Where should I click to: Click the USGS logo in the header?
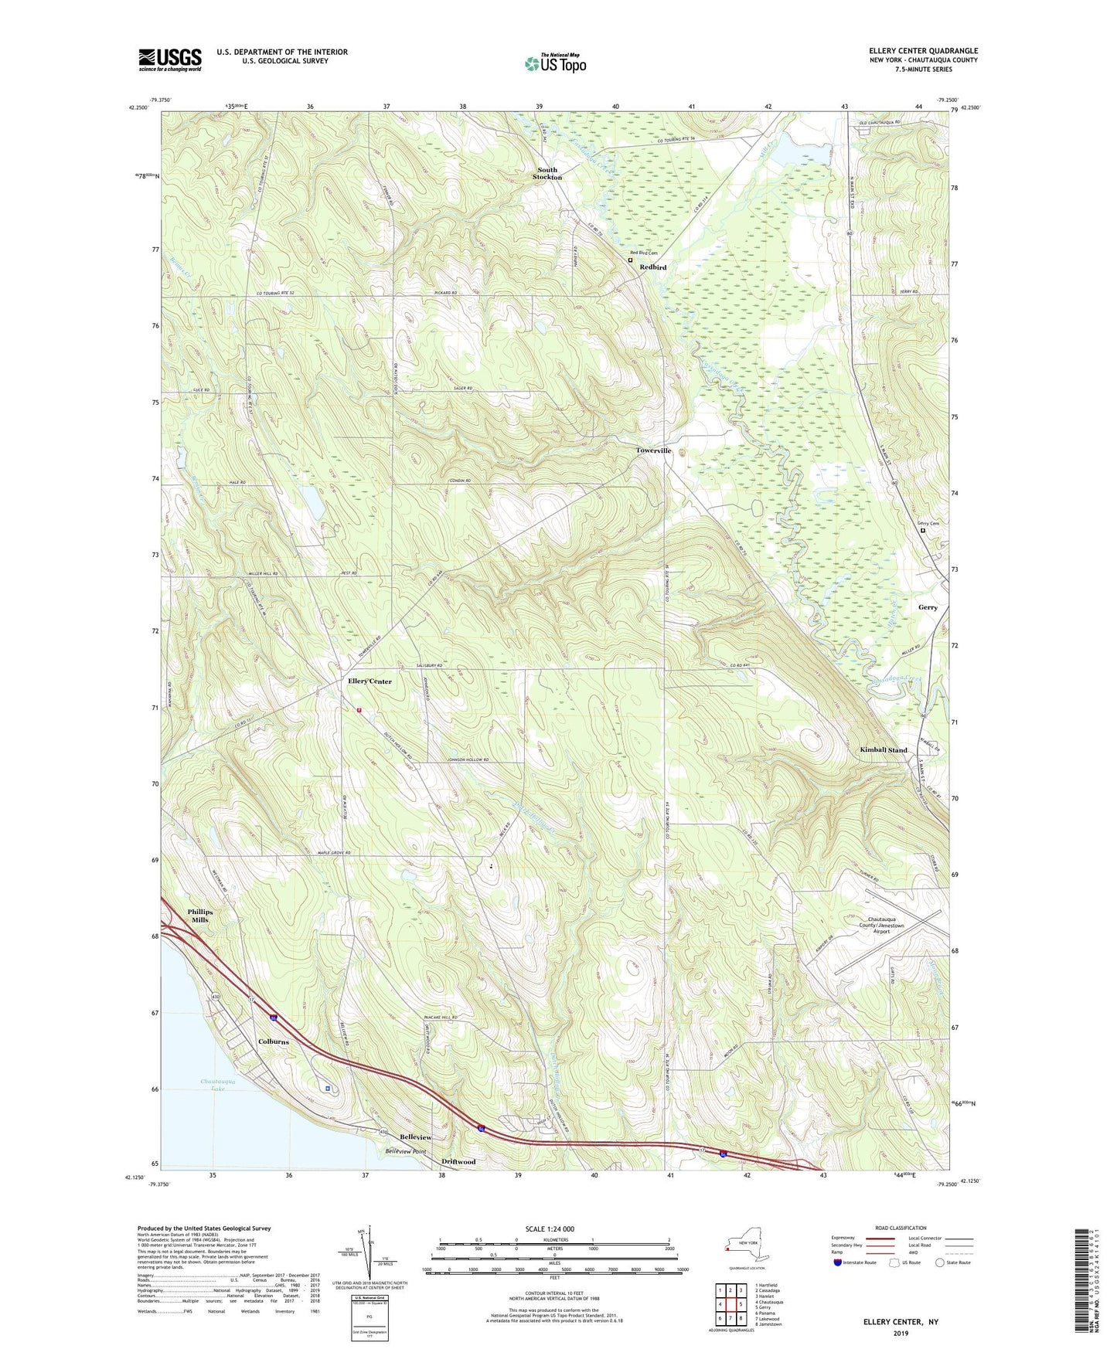click(x=169, y=59)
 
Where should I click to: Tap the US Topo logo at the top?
click(x=554, y=63)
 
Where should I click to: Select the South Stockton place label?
click(x=547, y=173)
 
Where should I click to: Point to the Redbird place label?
click(x=652, y=267)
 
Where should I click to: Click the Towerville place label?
click(x=654, y=450)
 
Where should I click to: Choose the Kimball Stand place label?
click(x=884, y=750)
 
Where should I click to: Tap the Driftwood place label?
click(x=458, y=1161)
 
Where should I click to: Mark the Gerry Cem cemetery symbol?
click(x=923, y=531)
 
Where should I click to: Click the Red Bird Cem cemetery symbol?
click(x=630, y=260)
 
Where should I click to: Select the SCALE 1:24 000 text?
click(x=549, y=1228)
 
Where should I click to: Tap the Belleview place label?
click(x=416, y=1137)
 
